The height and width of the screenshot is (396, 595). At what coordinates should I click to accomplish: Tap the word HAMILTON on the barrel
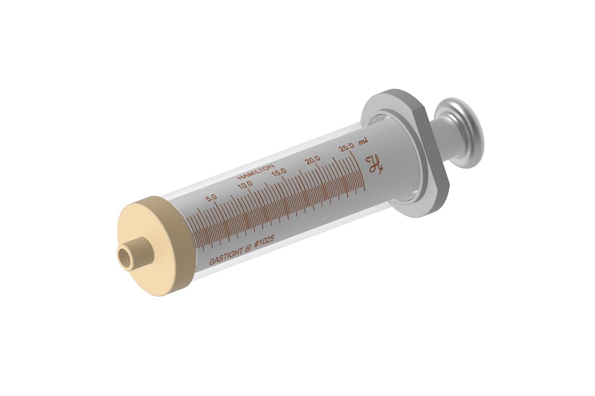256,172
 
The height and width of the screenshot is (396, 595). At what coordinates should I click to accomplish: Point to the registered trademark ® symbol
248,248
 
